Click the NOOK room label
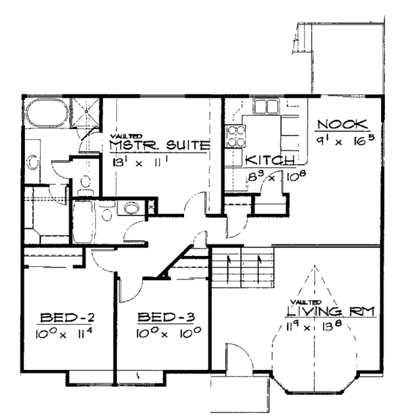(342, 124)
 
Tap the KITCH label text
(269, 160)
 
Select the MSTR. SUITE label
(158, 145)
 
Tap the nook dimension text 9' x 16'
(344, 142)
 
